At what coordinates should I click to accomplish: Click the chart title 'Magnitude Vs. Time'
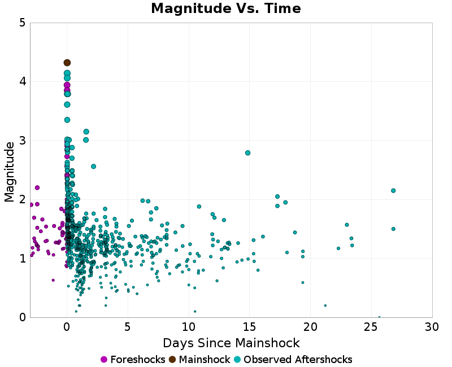coord(226,9)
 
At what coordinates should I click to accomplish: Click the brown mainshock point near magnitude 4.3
coord(67,63)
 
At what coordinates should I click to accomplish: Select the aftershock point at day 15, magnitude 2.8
coord(247,153)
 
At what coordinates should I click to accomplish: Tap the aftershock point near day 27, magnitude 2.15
coord(393,191)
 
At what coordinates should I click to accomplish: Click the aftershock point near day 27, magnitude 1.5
coord(393,229)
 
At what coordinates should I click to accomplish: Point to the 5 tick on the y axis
coord(22,23)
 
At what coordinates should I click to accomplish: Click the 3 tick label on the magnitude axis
coord(22,141)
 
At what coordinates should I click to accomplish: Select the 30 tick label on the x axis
coord(432,327)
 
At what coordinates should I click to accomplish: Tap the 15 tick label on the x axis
coord(250,327)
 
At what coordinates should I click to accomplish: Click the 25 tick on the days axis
coord(371,327)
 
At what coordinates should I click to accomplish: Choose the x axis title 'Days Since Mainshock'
coord(231,343)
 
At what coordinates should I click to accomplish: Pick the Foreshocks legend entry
coord(133,360)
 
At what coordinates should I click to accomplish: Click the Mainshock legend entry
coord(199,360)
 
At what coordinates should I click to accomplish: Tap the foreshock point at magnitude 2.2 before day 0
coord(37,187)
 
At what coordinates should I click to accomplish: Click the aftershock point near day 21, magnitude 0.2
coord(325,305)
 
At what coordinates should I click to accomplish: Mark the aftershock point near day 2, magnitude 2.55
coord(93,167)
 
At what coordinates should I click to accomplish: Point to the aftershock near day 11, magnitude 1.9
coord(199,207)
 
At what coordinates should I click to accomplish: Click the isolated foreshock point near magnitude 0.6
coord(53,280)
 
